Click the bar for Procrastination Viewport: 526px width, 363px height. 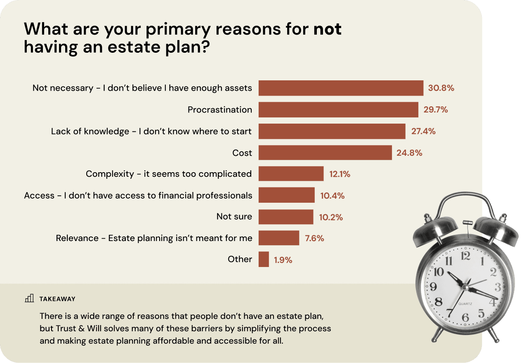(338, 110)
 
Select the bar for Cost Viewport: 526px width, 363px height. (325, 153)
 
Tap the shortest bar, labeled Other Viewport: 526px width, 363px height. (264, 260)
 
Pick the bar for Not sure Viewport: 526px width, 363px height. (286, 217)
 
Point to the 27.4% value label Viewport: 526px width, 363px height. (423, 131)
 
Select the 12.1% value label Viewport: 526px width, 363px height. (340, 174)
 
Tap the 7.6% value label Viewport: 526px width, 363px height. (314, 238)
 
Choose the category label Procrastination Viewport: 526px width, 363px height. (219, 110)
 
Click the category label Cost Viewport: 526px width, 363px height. (242, 153)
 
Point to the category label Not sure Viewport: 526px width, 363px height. (234, 217)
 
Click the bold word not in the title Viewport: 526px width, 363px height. (328, 29)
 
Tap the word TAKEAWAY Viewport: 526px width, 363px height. (57, 299)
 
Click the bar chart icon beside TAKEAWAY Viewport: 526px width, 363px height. (29, 298)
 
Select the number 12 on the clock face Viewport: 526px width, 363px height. (465, 256)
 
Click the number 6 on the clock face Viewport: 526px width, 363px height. (465, 318)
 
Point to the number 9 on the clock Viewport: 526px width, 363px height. (433, 287)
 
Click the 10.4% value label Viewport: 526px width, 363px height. (332, 196)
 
